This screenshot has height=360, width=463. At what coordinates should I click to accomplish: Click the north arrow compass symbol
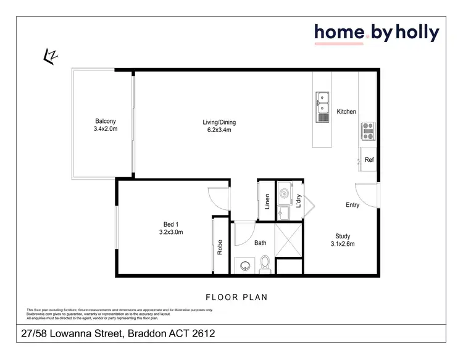[50, 56]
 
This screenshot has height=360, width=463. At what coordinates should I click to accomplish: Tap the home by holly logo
[376, 33]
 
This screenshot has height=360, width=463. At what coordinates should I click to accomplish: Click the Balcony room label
[106, 121]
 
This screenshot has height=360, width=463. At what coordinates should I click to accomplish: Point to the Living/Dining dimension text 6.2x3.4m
[219, 131]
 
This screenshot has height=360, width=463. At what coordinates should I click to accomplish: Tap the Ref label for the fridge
[369, 160]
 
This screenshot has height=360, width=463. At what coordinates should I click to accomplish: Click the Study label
[343, 236]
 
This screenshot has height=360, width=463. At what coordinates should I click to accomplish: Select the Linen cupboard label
[267, 201]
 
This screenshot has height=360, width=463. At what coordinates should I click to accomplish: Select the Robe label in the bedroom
[219, 248]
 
